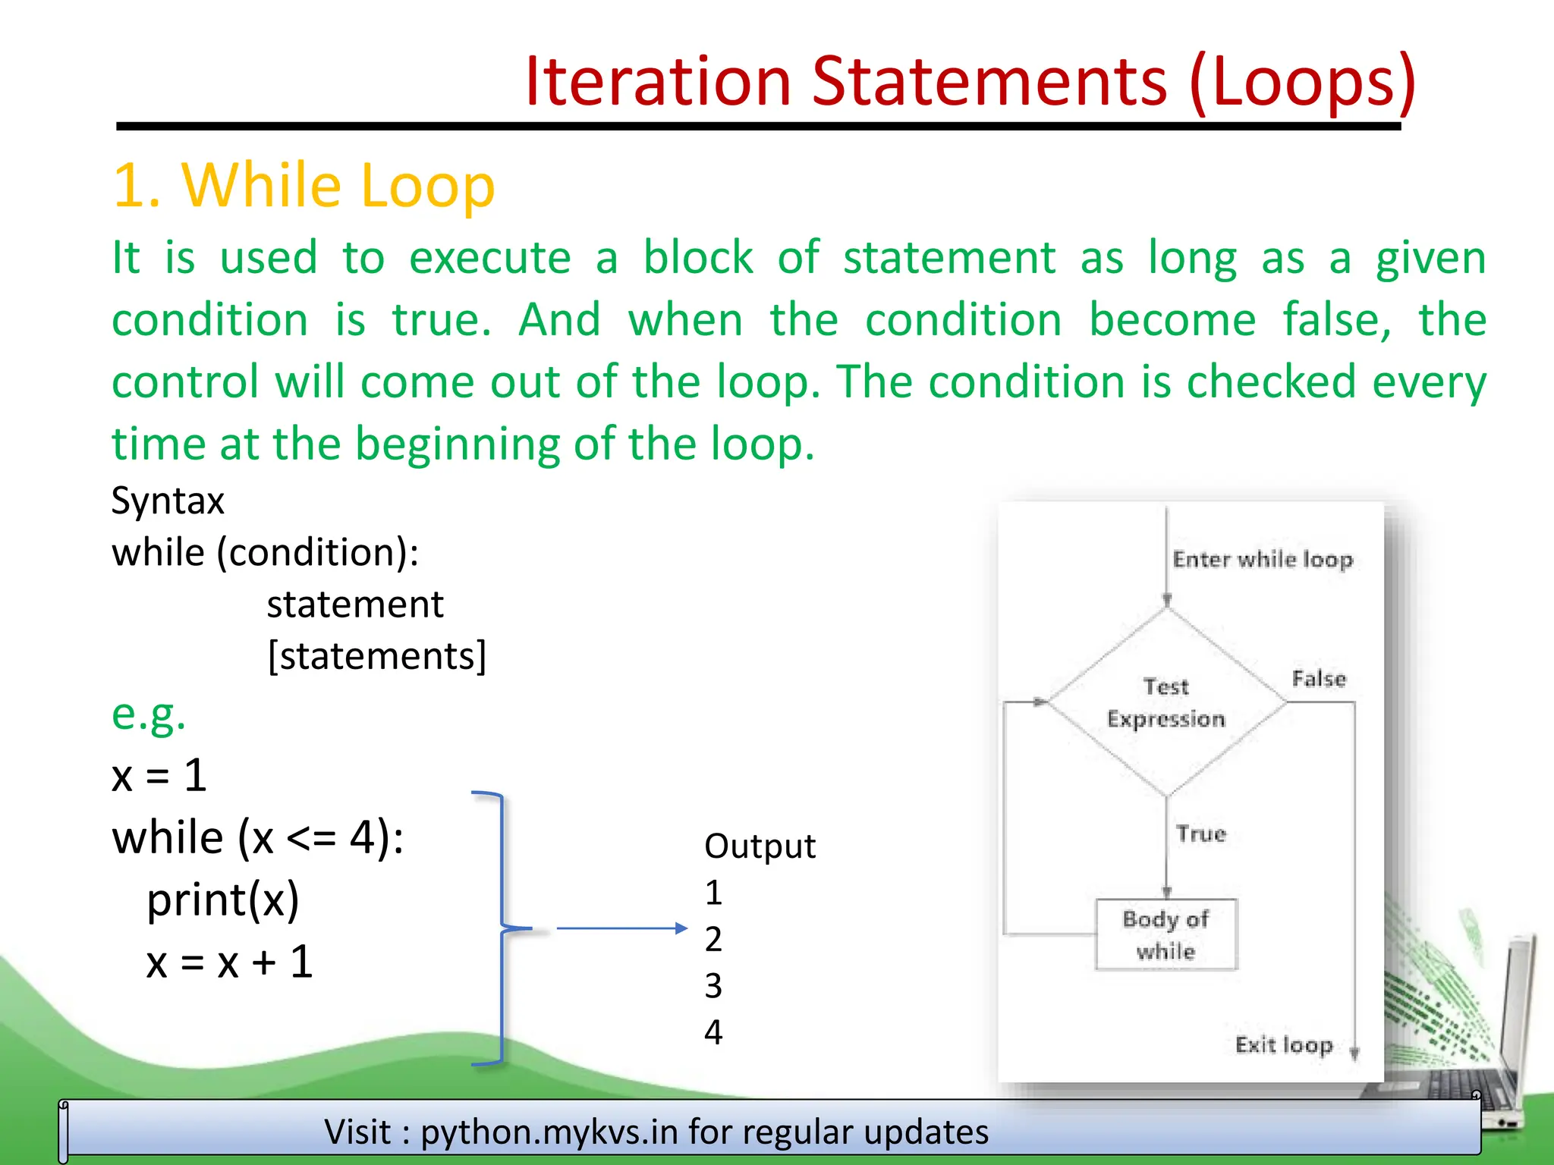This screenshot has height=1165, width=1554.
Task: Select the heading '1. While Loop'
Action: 304,185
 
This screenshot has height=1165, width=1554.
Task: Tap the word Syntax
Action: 168,501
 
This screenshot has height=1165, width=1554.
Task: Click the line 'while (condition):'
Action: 265,552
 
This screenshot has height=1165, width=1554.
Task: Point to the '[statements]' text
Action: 376,655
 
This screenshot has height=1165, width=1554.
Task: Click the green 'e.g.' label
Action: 149,714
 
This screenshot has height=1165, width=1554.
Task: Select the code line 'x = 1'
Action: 159,775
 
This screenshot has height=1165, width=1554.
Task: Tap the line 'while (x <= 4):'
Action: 258,837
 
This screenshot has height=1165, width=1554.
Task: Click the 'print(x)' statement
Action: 222,900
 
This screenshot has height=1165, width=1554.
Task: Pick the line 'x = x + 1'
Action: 229,962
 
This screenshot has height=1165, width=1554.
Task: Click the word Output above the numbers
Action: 760,846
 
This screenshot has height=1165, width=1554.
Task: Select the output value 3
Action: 713,985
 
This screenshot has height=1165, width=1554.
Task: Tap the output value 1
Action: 713,893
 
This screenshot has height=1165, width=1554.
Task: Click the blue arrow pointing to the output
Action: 621,928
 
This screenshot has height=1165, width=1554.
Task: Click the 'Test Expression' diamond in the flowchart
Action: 1166,702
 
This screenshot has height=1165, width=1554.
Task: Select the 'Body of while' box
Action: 1166,934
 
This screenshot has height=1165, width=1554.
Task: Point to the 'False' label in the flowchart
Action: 1319,679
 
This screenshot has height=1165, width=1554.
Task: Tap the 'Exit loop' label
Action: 1284,1044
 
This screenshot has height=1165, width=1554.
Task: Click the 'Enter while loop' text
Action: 1263,560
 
